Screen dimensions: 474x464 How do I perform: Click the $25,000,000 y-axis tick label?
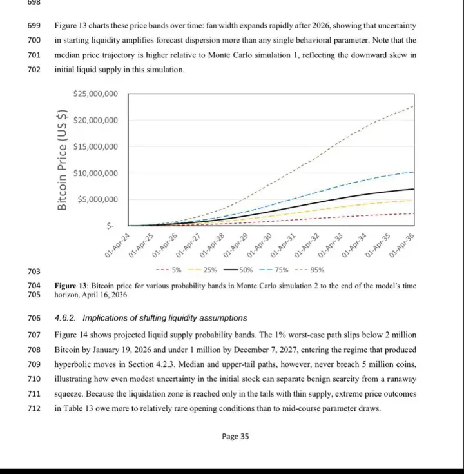(96, 94)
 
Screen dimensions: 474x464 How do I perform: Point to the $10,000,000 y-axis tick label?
(96, 173)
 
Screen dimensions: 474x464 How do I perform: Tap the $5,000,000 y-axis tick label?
(98, 199)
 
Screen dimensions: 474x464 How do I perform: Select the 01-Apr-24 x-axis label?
(119, 246)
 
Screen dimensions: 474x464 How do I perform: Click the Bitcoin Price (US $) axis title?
(63, 159)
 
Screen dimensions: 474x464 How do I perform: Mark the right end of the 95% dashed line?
(414, 106)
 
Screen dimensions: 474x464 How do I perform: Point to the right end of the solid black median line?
(414, 189)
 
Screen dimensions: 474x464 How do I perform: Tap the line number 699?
(34, 26)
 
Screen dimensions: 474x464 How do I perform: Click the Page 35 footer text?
(235, 437)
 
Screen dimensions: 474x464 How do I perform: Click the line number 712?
(34, 408)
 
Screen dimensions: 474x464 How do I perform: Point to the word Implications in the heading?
(106, 318)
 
